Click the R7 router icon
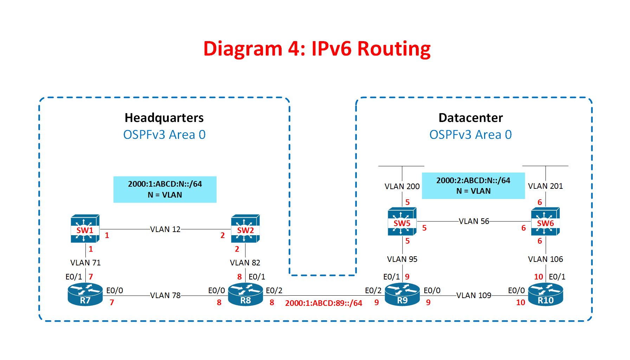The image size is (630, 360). (85, 295)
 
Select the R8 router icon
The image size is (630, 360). (245, 295)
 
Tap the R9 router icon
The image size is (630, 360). (402, 295)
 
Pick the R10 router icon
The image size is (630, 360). (545, 295)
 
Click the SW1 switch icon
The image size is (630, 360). (85, 229)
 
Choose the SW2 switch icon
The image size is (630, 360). (245, 229)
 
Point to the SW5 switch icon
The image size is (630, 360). (402, 222)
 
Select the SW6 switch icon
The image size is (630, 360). (545, 222)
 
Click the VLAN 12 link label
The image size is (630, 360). (165, 229)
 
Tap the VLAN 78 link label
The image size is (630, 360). (165, 295)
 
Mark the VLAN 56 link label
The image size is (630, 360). (474, 221)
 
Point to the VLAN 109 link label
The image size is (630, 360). (474, 295)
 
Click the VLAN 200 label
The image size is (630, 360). (402, 186)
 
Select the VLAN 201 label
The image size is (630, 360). (545, 186)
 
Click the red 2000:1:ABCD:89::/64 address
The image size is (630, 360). (323, 303)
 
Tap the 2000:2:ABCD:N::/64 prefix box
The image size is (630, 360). (473, 186)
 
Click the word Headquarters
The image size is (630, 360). (164, 118)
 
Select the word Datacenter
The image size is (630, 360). (471, 118)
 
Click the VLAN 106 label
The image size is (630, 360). (545, 259)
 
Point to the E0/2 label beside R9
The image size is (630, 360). (373, 290)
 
